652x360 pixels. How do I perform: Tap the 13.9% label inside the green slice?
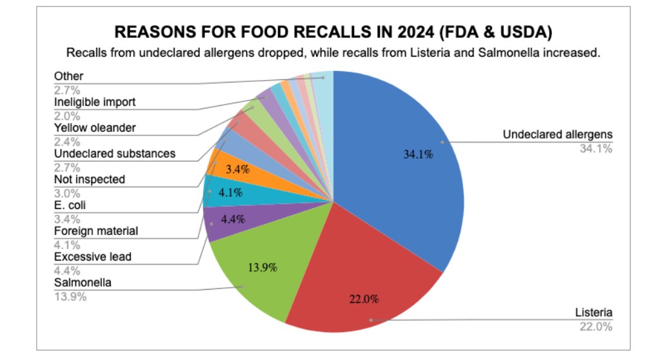[261, 267]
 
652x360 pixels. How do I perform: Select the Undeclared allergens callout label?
[557, 135]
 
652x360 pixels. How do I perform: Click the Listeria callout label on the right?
[593, 313]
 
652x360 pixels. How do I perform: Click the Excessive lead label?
[92, 257]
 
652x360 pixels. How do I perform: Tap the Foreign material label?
[95, 231]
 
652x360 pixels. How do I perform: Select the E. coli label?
[70, 205]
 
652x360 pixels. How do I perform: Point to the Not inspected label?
[89, 179]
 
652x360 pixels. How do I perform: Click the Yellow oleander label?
[95, 128]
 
